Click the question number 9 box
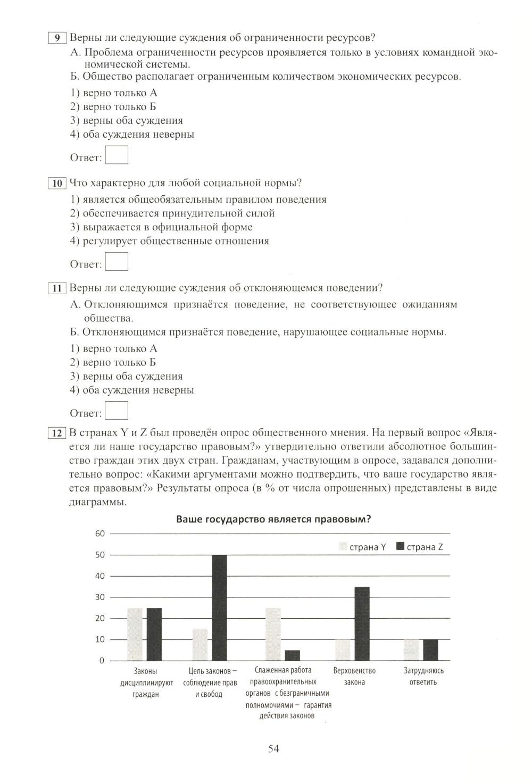57,38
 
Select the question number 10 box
57,184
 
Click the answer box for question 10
117,262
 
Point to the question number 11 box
57,288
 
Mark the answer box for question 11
117,411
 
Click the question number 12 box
57,432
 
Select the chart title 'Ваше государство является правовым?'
273,520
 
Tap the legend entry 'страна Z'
420,547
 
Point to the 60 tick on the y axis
100,534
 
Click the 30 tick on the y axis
100,597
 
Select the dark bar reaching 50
219,608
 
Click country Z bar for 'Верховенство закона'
362,623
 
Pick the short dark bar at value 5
293,655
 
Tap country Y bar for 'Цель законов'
200,645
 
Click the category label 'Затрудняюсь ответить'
423,676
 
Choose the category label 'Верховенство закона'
354,676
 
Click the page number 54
273,748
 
